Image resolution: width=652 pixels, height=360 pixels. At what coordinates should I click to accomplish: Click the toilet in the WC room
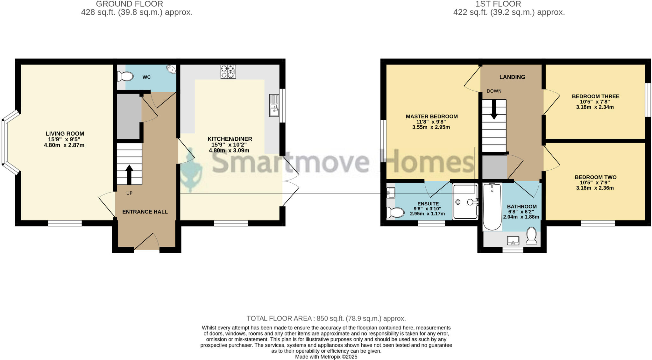pyautogui.click(x=125, y=76)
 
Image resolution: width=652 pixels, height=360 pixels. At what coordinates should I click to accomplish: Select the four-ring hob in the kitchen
pyautogui.click(x=228, y=72)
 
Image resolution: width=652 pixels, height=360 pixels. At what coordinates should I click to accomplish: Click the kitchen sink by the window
pyautogui.click(x=274, y=105)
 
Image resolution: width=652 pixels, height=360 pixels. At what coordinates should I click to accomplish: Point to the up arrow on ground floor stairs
pyautogui.click(x=129, y=174)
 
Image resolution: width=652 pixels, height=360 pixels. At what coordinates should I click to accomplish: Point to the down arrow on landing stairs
pyautogui.click(x=494, y=110)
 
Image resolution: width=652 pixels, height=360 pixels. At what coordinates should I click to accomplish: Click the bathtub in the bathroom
pyautogui.click(x=492, y=207)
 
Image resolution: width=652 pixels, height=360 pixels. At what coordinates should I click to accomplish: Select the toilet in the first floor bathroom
pyautogui.click(x=531, y=236)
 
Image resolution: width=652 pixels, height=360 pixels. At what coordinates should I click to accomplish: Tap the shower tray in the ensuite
pyautogui.click(x=465, y=202)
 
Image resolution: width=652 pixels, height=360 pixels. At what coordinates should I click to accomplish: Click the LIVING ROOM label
pyautogui.click(x=65, y=134)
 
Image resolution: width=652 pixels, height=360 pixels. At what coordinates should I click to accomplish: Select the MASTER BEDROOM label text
pyautogui.click(x=431, y=116)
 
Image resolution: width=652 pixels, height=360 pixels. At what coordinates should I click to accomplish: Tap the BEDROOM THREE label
pyautogui.click(x=595, y=96)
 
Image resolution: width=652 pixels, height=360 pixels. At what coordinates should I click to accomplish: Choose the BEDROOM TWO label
pyautogui.click(x=595, y=177)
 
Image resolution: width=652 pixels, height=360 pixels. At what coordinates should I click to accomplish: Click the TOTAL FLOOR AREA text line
pyautogui.click(x=326, y=318)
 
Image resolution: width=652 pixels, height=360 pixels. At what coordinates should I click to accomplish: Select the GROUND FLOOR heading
pyautogui.click(x=129, y=4)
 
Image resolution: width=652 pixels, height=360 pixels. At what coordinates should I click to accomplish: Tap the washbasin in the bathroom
pyautogui.click(x=513, y=241)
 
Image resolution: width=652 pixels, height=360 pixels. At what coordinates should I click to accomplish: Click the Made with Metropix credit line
pyautogui.click(x=326, y=357)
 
